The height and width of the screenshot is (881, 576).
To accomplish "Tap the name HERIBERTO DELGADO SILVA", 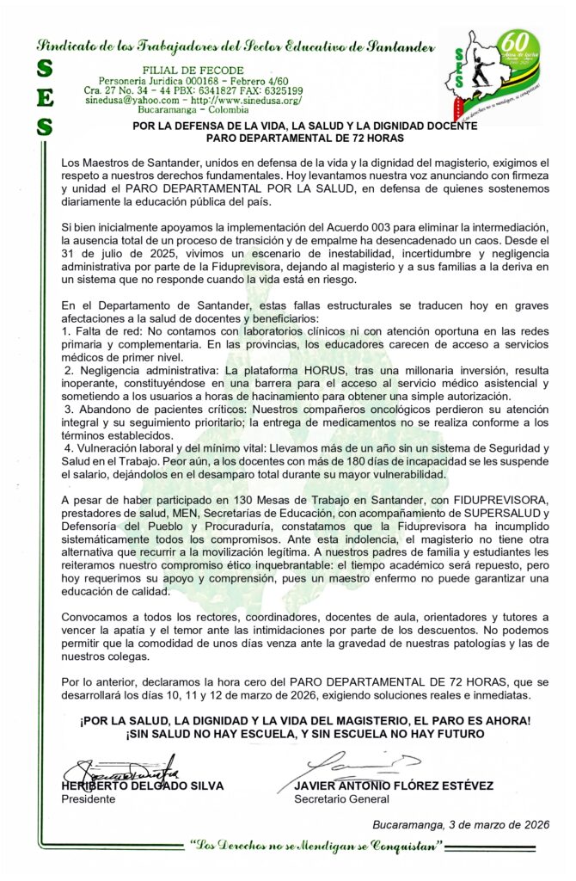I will tap(142, 786).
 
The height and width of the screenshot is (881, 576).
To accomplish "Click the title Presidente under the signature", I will tap(89, 798).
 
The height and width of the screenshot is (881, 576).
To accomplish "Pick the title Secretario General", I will tap(341, 798).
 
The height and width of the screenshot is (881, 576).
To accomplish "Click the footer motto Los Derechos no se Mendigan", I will tap(317, 847).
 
